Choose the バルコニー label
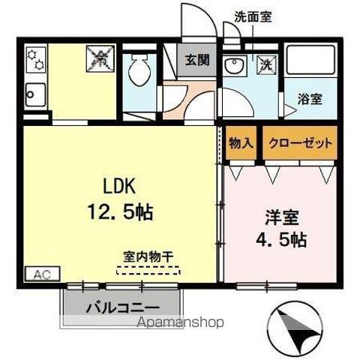[x=122, y=308]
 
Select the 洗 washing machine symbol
[x=265, y=64]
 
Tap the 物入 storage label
[x=241, y=142]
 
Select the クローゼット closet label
[x=299, y=142]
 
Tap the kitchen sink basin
[x=35, y=95]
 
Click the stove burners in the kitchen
[x=34, y=59]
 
